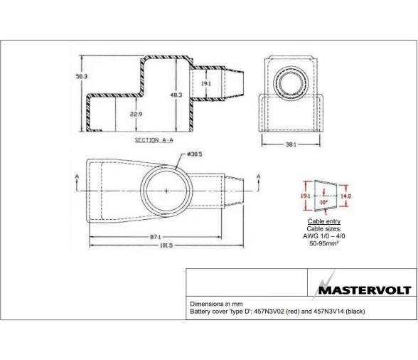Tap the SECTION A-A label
pos(150,140)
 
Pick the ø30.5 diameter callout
pos(196,154)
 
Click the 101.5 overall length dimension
pos(165,245)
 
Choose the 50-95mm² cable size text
pos(322,244)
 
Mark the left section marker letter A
pos(77,175)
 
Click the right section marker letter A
pos(257,175)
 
